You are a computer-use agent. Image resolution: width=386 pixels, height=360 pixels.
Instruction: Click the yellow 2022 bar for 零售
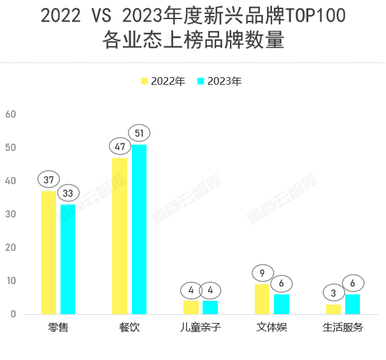click(49, 252)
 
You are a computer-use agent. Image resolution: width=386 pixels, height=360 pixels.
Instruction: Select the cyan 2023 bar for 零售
click(68, 259)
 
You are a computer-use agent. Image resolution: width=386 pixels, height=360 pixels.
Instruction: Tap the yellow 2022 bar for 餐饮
click(120, 236)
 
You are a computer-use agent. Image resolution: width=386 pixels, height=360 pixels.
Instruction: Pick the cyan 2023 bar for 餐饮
click(139, 229)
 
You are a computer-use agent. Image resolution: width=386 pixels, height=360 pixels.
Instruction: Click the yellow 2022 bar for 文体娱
click(262, 299)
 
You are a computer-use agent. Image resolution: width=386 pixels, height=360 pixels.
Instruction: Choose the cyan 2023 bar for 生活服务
click(352, 304)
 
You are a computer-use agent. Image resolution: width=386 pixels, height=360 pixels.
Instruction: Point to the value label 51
click(139, 133)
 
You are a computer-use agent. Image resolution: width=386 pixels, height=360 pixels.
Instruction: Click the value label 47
click(120, 146)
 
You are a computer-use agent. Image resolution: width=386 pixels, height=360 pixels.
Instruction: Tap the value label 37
click(49, 179)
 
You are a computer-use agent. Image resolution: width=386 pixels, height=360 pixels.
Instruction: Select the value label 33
click(68, 192)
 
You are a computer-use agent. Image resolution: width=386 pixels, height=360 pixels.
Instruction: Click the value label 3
click(333, 292)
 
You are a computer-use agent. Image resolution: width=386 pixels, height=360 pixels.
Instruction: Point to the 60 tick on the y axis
click(10, 114)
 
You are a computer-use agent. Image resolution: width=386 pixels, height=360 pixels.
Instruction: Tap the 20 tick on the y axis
click(10, 247)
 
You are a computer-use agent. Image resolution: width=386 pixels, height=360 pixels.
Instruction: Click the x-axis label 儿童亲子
click(200, 328)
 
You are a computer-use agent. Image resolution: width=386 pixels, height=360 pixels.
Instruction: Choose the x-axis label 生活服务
click(343, 328)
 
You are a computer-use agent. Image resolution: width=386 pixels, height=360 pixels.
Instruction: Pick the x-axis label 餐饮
click(129, 328)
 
